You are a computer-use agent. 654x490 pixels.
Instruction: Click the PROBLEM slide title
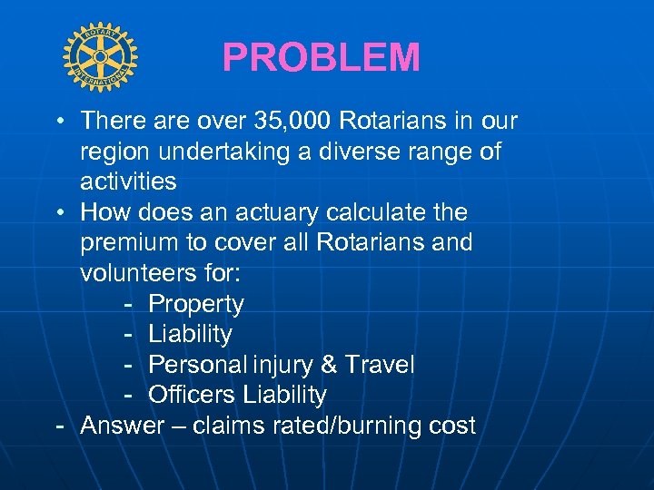pos(321,59)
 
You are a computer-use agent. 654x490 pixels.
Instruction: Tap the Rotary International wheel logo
pos(101,58)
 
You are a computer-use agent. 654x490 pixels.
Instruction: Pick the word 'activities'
pos(128,181)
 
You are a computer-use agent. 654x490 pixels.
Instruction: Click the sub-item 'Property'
pos(196,304)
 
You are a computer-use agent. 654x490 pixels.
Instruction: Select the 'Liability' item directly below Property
pos(191,334)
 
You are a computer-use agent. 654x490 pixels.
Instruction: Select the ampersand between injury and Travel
pos(327,365)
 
